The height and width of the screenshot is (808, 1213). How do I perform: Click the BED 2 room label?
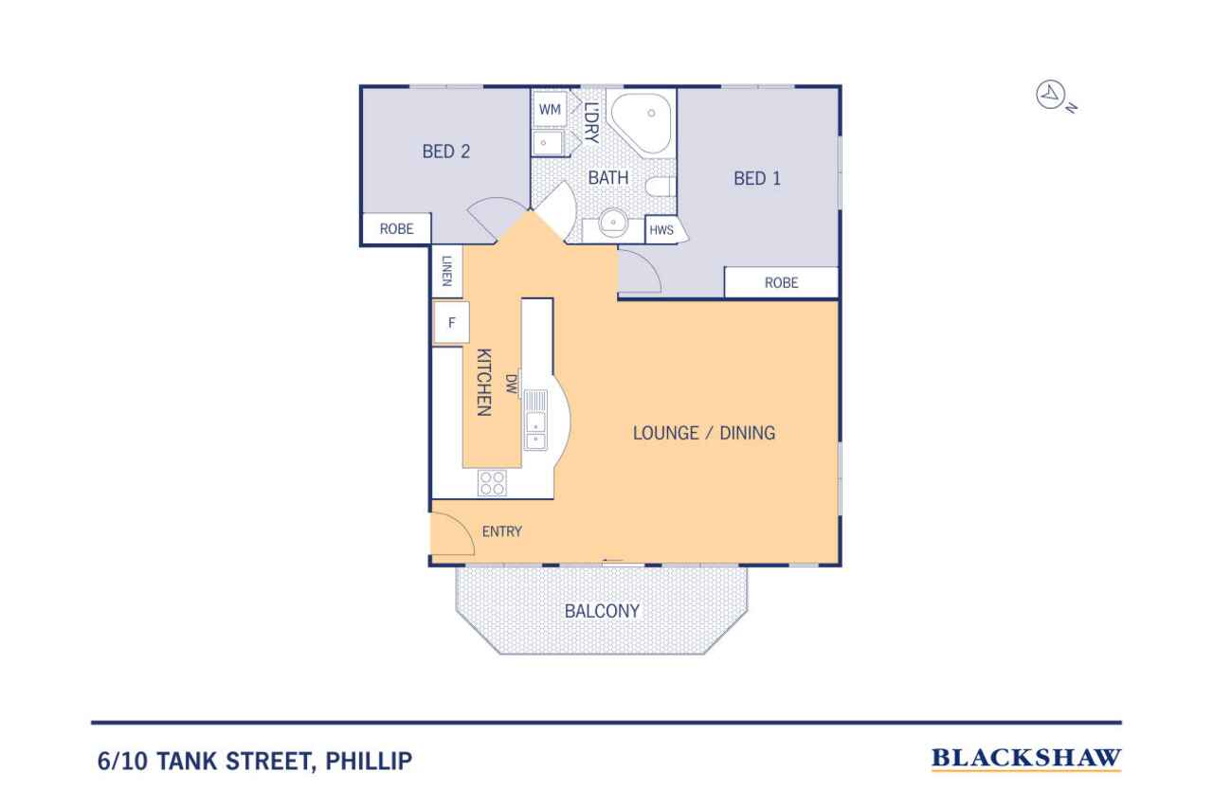pyautogui.click(x=446, y=152)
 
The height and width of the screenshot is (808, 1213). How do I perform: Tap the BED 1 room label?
pyautogui.click(x=757, y=179)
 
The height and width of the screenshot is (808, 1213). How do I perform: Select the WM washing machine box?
pyautogui.click(x=550, y=109)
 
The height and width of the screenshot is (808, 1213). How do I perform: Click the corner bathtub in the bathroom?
pyautogui.click(x=642, y=123)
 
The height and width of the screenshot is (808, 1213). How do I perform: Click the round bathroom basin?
pyautogui.click(x=613, y=223)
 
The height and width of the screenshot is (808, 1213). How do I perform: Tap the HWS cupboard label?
pyautogui.click(x=661, y=230)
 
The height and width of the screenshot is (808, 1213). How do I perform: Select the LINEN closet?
pyautogui.click(x=446, y=271)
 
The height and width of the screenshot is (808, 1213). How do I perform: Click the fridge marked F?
pyautogui.click(x=452, y=323)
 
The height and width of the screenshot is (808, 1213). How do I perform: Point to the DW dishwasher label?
pyautogui.click(x=512, y=384)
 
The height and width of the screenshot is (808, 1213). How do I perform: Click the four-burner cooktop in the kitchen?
pyautogui.click(x=492, y=483)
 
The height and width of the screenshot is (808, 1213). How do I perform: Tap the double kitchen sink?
pyautogui.click(x=535, y=421)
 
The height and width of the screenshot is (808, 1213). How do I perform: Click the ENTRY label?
pyautogui.click(x=502, y=531)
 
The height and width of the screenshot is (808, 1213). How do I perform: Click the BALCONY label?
pyautogui.click(x=602, y=612)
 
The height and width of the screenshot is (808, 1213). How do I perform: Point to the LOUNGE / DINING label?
pyautogui.click(x=704, y=433)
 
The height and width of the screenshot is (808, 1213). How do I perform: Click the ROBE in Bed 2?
pyautogui.click(x=396, y=229)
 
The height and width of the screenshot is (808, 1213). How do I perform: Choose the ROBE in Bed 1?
pyautogui.click(x=782, y=282)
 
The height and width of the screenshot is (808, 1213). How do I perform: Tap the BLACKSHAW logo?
pyautogui.click(x=1026, y=759)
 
